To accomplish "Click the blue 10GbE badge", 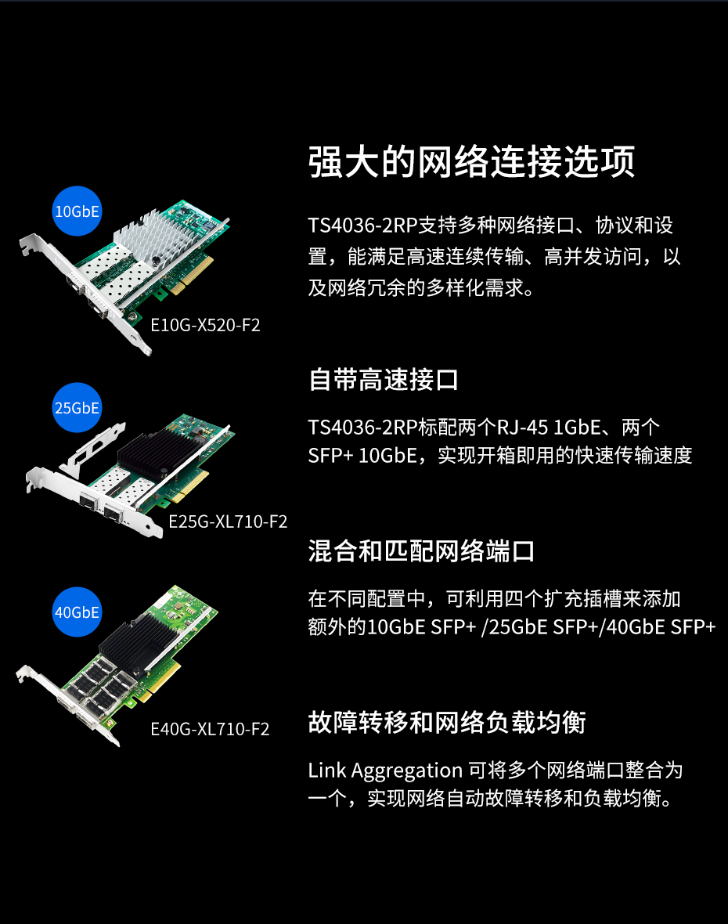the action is point(77,211).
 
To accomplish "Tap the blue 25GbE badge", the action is point(77,408).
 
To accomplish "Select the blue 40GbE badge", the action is point(77,612).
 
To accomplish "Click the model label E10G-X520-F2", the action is point(205,325).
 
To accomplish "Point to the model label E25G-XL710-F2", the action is point(228,522).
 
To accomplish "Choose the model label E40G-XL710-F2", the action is point(210,730).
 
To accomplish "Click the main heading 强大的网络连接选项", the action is point(471,161).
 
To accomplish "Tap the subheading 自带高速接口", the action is point(384,380).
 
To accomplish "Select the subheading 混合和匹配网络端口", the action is point(421,551).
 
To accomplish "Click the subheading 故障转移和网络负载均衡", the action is point(446,723).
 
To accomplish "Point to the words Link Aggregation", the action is point(385,771).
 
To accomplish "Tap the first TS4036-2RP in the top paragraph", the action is point(362,225).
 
